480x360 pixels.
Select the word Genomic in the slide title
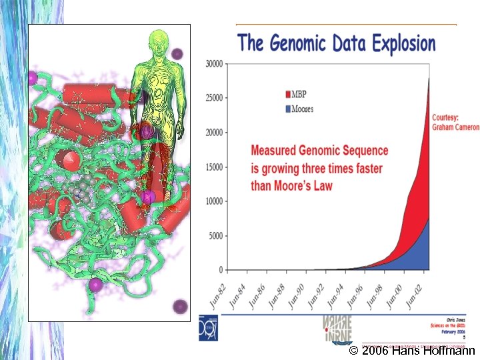tap(299, 45)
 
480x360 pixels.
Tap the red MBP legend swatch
tap(288, 95)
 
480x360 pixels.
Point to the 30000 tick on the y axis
tap(214, 64)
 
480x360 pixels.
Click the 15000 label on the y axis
tap(214, 167)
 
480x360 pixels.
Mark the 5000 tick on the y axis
tap(216, 236)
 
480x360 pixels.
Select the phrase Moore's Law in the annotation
tap(307, 185)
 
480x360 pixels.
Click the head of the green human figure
tap(157, 39)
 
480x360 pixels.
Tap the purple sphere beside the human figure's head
tap(177, 53)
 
